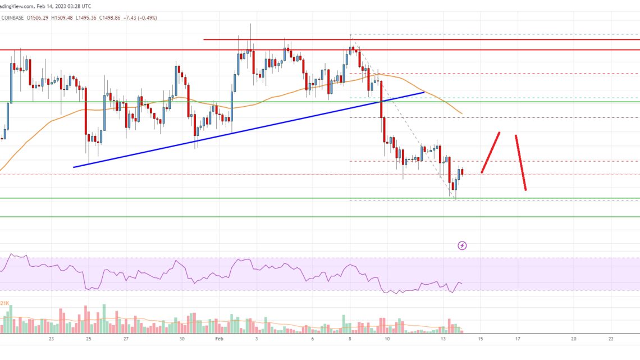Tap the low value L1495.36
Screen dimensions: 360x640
pos(111,17)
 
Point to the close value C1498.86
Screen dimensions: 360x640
pos(141,17)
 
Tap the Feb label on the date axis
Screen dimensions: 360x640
pos(219,339)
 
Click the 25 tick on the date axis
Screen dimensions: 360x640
pos(89,339)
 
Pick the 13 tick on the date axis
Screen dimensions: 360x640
pos(443,339)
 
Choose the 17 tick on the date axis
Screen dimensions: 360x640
pos(518,339)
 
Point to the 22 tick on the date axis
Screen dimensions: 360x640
pos(611,339)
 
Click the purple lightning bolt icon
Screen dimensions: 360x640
pos(462,245)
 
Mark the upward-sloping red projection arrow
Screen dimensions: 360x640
pos(490,152)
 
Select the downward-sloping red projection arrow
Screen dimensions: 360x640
pos(520,162)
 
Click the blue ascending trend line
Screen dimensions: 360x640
pos(247,129)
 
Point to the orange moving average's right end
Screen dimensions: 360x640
pos(461,113)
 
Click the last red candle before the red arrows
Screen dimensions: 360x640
pos(461,172)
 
